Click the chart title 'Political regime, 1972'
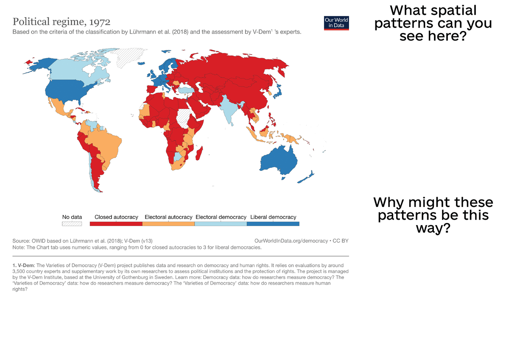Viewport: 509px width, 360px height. pos(62,22)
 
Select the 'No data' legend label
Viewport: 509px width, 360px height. pos(72,217)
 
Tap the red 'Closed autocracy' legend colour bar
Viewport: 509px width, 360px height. pos(116,223)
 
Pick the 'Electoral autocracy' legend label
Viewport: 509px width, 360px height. pos(168,217)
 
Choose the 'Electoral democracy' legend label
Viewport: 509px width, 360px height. pos(221,217)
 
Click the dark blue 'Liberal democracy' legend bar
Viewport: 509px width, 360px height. pos(273,223)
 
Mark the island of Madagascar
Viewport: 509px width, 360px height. pos(199,153)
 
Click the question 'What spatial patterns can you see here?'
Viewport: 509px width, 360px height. pos(433,23)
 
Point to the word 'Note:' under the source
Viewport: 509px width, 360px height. pos(19,247)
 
